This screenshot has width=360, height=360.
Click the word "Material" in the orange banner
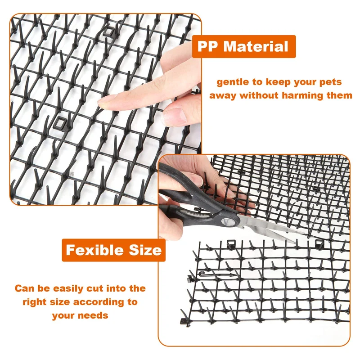tap(256, 46)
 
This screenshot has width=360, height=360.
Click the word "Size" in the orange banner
tap(145, 250)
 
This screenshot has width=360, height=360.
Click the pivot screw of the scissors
tap(226, 221)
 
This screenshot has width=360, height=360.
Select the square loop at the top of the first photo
tap(108, 31)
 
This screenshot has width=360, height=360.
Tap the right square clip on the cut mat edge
tap(319, 243)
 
